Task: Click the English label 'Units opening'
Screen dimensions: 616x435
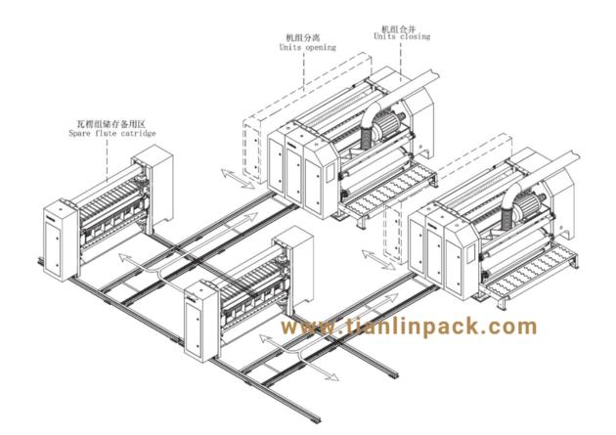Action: pyautogui.click(x=308, y=48)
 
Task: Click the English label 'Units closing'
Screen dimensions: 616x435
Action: pyautogui.click(x=402, y=36)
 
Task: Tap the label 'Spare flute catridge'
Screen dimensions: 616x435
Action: pyautogui.click(x=112, y=133)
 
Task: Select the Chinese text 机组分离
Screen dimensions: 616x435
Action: pyautogui.click(x=302, y=38)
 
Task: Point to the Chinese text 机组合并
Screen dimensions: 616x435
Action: pyautogui.click(x=398, y=28)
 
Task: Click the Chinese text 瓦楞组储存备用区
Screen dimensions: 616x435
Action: pyautogui.click(x=110, y=124)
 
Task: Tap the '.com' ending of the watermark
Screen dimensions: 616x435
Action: pyautogui.click(x=504, y=326)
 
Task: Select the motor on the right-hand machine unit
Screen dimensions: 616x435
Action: pyautogui.click(x=527, y=203)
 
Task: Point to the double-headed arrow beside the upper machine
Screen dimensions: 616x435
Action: pyautogui.click(x=238, y=179)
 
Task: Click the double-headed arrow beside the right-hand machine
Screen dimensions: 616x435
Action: pyautogui.click(x=378, y=259)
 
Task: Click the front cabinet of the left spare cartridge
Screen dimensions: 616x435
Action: pyautogui.click(x=61, y=240)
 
